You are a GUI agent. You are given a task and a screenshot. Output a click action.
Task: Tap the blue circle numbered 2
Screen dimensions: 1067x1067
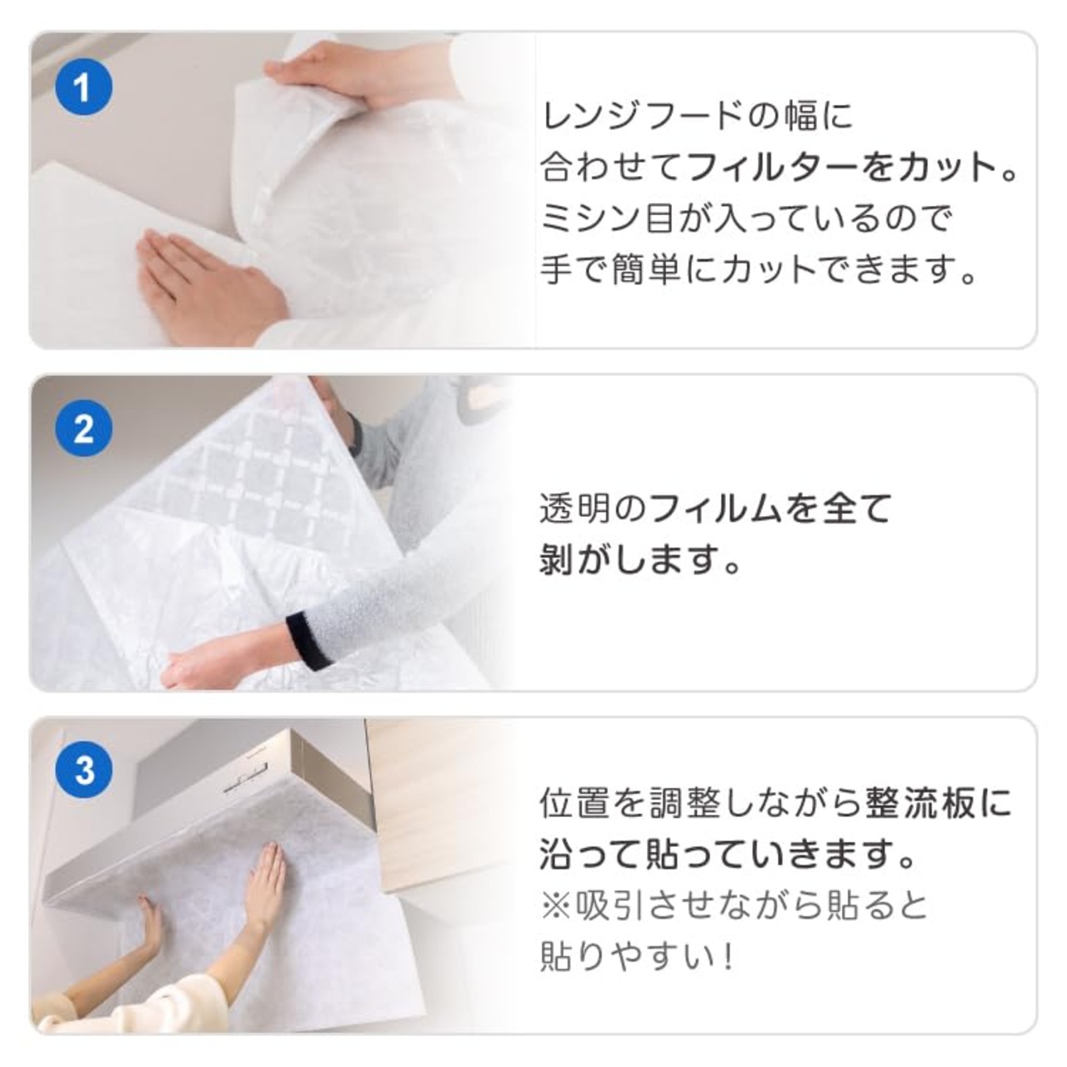click(83, 429)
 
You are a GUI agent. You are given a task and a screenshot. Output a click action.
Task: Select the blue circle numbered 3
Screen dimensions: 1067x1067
click(83, 770)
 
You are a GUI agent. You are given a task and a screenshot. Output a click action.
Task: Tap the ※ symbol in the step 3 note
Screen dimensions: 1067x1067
click(556, 907)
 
